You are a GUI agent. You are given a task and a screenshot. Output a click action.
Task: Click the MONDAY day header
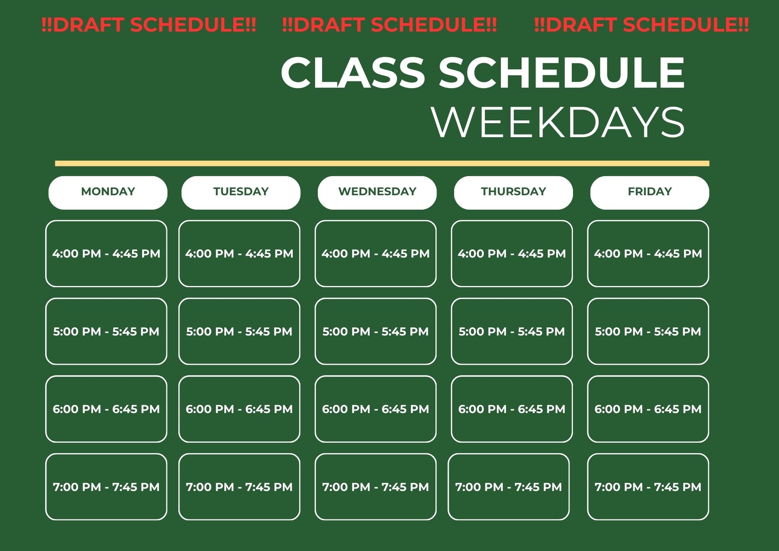point(108,193)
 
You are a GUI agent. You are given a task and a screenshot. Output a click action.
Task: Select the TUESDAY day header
point(241,193)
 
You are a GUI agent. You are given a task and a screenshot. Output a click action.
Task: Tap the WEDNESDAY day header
point(377,193)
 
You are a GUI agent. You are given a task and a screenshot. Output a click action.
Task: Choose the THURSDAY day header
point(513,193)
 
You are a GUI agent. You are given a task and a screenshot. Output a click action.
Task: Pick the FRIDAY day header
point(650,193)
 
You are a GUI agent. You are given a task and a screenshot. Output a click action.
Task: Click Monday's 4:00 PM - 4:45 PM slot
point(106,254)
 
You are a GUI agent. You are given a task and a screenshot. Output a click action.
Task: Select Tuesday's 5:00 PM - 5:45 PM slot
point(239,332)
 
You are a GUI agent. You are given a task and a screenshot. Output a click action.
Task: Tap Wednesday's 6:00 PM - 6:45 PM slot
point(375,409)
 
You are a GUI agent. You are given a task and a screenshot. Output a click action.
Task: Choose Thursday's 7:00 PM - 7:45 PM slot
point(509,487)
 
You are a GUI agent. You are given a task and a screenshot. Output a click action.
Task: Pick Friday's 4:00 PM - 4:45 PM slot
point(648,254)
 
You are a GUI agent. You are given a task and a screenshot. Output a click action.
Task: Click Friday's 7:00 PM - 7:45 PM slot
point(648,487)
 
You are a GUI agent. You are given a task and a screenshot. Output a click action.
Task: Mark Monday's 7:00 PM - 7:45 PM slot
point(106,487)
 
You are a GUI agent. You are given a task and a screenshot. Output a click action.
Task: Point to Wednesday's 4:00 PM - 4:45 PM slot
point(375,254)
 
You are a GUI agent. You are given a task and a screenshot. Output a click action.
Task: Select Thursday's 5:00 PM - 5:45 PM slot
point(512,332)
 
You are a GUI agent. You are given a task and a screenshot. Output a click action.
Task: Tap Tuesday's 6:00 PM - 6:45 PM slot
point(239,409)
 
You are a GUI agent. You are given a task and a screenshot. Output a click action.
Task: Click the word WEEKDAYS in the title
point(558,122)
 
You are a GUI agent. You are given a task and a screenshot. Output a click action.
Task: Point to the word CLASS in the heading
point(353,72)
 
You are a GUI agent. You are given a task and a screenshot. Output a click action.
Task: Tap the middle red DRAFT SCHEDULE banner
point(389,25)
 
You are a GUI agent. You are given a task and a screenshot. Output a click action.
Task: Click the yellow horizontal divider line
point(382,164)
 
